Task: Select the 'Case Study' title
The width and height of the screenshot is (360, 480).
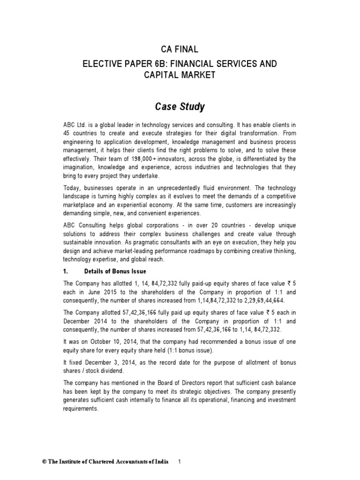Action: pyautogui.click(x=180, y=107)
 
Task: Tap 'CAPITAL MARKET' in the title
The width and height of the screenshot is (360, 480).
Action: pyautogui.click(x=180, y=75)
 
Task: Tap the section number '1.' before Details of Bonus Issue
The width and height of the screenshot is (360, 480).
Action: pyautogui.click(x=66, y=271)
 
